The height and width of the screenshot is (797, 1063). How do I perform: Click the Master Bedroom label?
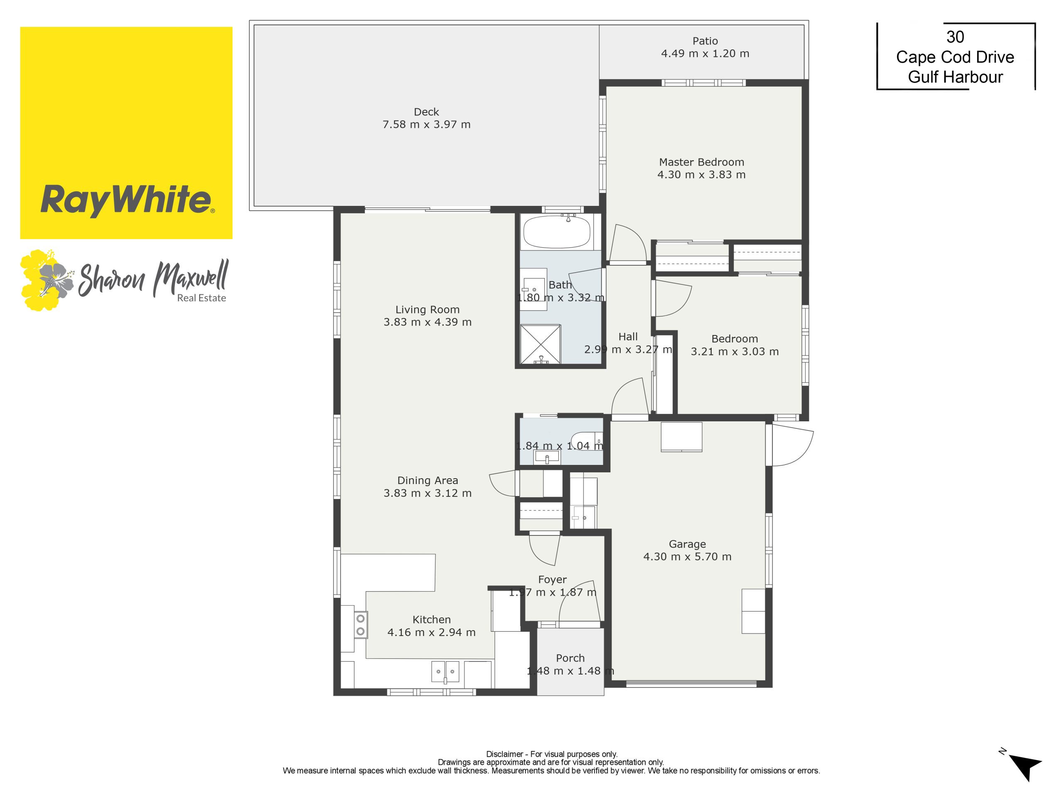tap(701, 162)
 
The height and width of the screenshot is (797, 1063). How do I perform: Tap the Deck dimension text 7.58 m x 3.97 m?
tap(426, 125)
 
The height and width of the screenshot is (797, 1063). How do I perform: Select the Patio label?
tap(705, 42)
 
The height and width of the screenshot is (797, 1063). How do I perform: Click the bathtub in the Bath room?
tap(556, 231)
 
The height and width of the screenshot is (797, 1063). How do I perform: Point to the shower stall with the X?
tap(541, 344)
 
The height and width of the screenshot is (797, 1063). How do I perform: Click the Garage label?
tap(687, 544)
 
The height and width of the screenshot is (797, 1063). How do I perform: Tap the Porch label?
tap(571, 658)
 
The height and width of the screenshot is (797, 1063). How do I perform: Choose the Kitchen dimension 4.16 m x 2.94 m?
tap(431, 633)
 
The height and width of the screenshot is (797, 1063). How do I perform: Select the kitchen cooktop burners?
tap(360, 625)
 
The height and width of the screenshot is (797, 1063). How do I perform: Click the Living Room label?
tap(427, 310)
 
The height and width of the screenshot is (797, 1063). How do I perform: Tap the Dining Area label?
tap(427, 480)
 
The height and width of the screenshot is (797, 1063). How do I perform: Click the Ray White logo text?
tap(126, 200)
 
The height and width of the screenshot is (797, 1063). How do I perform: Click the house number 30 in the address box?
tap(955, 37)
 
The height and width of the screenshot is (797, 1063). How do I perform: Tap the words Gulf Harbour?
tap(955, 77)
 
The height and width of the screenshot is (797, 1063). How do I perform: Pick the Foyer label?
tap(552, 580)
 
